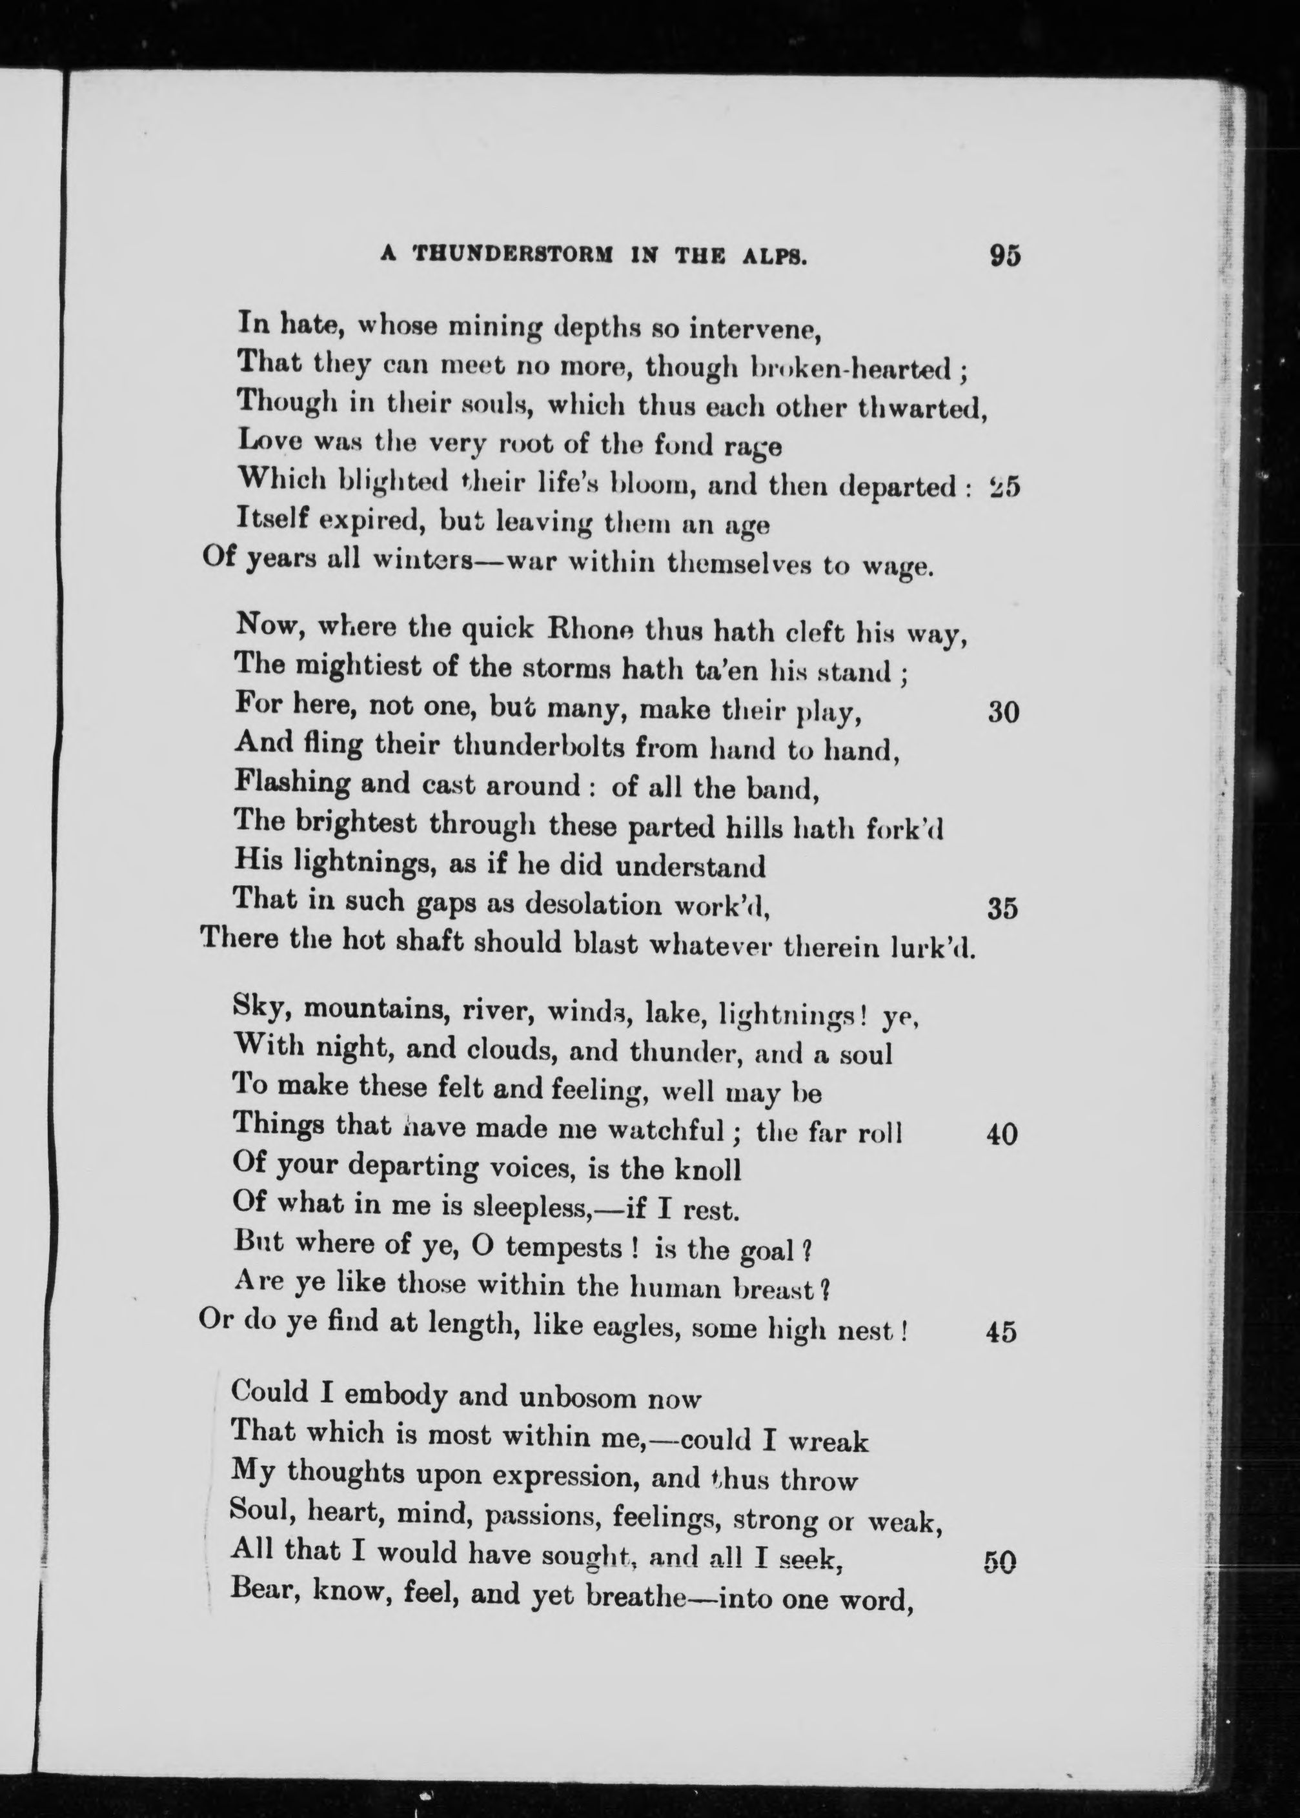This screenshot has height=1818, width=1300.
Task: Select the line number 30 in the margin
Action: tap(1002, 712)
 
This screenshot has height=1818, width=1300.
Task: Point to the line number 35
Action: tap(1002, 909)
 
